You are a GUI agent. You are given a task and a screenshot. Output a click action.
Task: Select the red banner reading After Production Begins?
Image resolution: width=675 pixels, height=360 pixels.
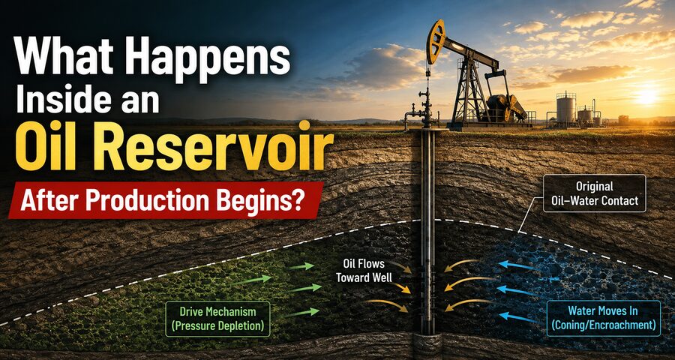[x=166, y=200]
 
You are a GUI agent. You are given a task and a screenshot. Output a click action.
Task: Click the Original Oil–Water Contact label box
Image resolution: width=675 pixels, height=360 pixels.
[x=595, y=193]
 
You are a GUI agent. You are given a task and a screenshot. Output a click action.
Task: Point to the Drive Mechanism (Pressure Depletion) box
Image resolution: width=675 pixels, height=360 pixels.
[x=217, y=319]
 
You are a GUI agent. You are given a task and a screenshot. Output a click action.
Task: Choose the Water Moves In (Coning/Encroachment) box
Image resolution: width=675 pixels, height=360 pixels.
[x=604, y=318]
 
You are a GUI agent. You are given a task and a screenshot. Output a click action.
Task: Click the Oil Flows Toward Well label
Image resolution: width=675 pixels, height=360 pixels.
[x=364, y=270]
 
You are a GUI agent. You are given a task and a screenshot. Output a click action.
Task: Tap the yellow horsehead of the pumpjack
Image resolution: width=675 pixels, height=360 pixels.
[x=435, y=41]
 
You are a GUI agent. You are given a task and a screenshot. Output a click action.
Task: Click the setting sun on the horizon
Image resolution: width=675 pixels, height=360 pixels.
[x=646, y=97]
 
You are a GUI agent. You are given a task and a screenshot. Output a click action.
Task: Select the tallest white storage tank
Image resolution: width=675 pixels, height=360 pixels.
[x=566, y=109]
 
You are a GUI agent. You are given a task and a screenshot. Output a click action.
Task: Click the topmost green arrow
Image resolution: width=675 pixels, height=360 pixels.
[x=301, y=266]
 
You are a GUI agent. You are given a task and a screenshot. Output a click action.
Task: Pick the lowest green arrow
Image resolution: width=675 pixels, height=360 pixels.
[x=301, y=313]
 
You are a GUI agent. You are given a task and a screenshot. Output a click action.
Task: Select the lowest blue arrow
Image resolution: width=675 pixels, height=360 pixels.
[x=520, y=318]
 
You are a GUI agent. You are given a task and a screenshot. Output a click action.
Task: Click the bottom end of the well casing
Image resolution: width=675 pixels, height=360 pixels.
[x=428, y=333]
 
